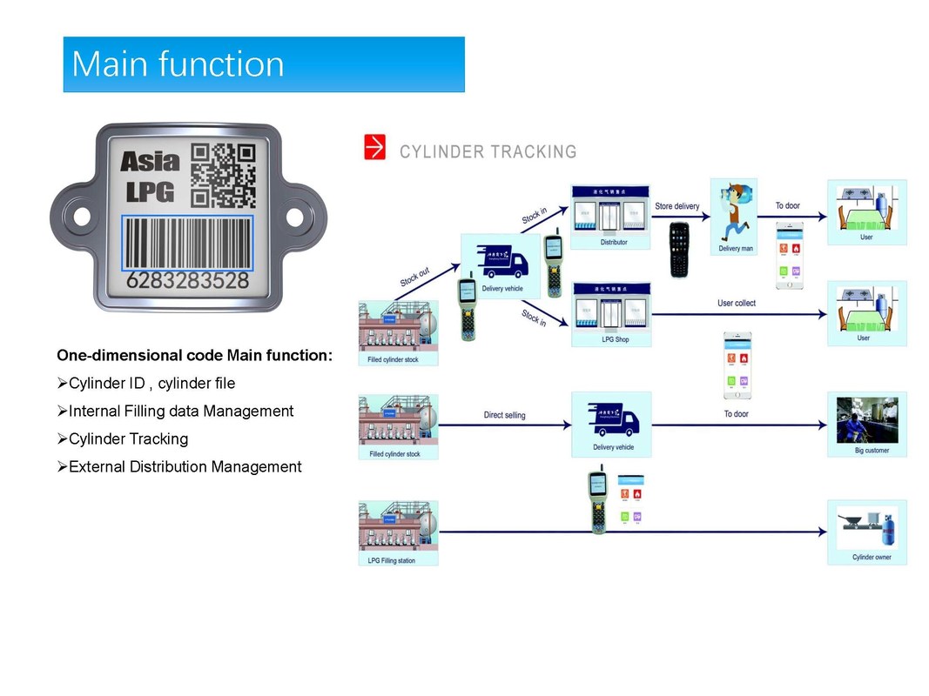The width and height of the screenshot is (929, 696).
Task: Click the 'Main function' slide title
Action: [x=178, y=64]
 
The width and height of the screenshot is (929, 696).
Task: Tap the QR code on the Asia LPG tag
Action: [x=223, y=175]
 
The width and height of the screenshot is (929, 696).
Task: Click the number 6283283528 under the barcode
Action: [x=188, y=282]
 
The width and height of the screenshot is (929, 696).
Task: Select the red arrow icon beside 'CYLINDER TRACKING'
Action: [x=374, y=148]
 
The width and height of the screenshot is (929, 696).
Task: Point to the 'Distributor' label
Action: [x=613, y=243]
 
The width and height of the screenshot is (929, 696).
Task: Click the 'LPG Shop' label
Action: [x=615, y=339]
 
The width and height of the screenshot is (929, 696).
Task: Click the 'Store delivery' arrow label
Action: [x=677, y=206]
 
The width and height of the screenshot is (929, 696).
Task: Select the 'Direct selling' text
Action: [x=504, y=415]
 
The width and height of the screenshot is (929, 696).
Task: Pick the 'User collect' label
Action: [x=736, y=303]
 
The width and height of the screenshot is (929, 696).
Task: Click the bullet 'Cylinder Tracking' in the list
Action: [x=128, y=438]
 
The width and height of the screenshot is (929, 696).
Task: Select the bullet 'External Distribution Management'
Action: [x=185, y=467]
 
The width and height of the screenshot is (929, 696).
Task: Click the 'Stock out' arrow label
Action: [x=414, y=278]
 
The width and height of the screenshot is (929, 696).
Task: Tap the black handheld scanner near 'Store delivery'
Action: [x=679, y=249]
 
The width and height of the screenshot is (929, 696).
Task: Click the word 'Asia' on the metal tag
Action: [x=150, y=161]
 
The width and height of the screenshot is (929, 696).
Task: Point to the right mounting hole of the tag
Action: [x=293, y=216]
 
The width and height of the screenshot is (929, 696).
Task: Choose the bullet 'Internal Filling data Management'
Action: [x=181, y=411]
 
